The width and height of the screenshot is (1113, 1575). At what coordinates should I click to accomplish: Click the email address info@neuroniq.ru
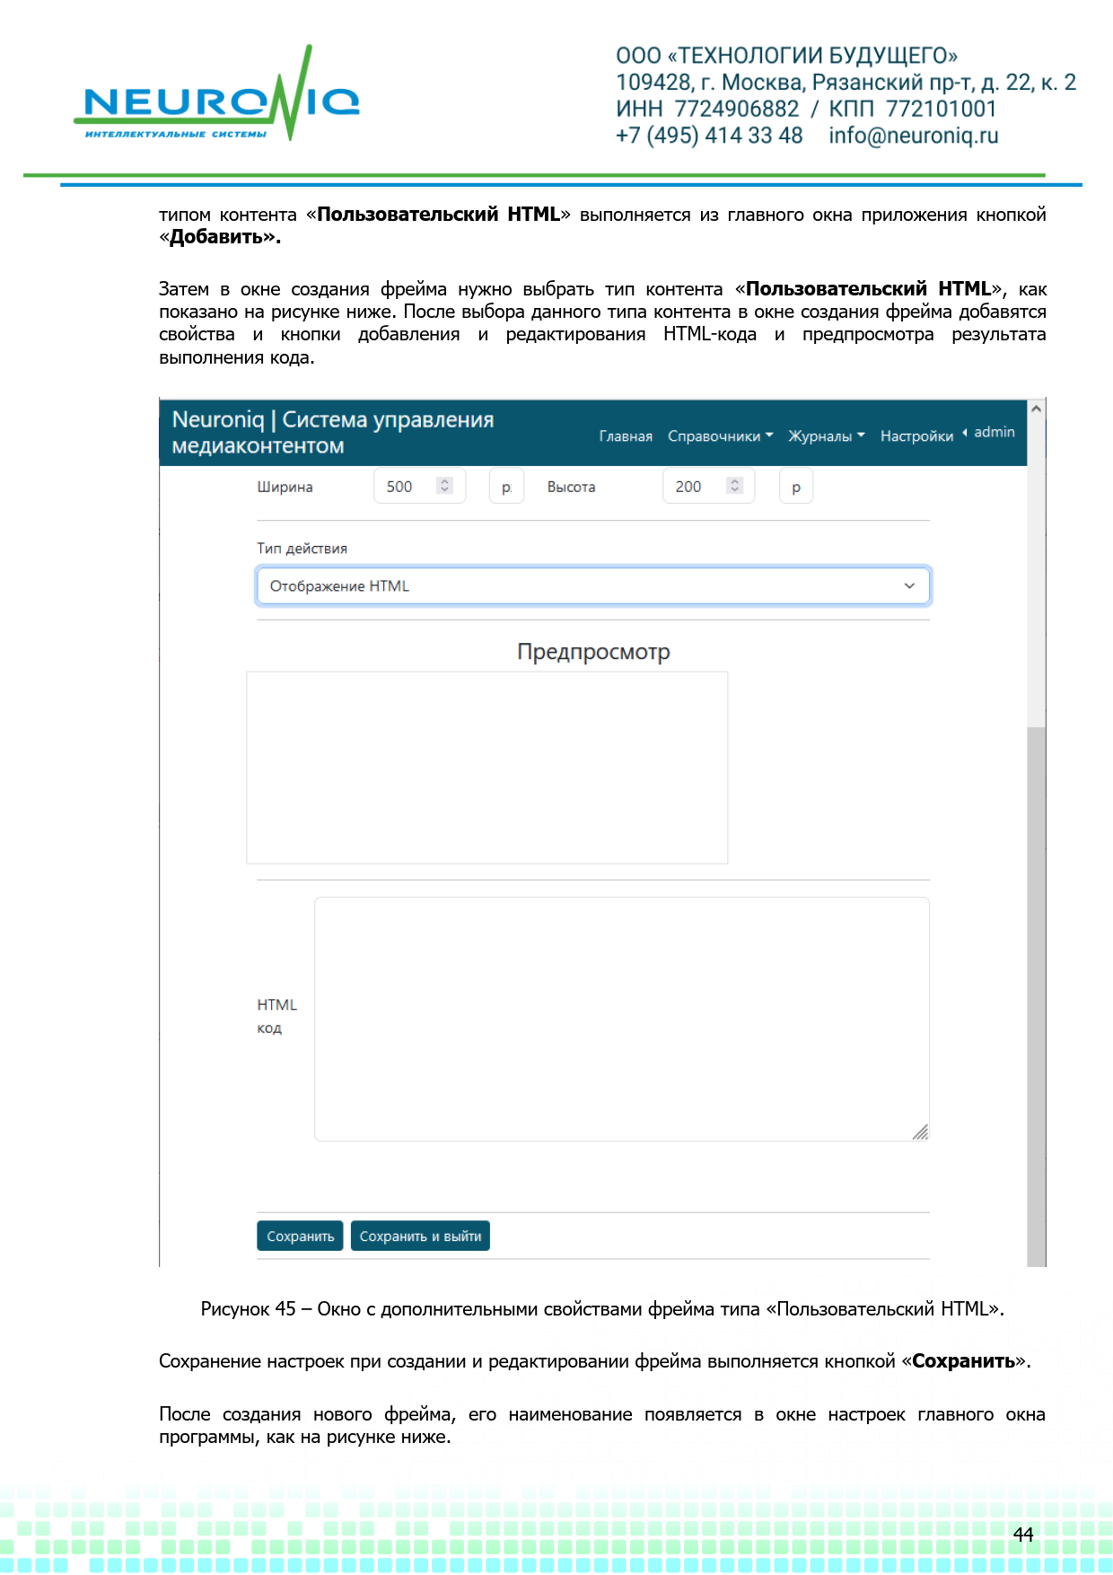coord(913,136)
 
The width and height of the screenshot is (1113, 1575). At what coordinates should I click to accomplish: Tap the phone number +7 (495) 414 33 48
coord(709,136)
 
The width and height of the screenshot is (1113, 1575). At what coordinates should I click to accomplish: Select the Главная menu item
coord(626,436)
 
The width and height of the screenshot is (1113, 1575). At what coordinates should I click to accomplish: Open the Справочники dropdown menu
coord(720,436)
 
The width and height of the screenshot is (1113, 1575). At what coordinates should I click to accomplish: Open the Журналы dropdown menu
coord(826,436)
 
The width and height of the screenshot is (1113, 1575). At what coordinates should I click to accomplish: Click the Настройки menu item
coord(916,436)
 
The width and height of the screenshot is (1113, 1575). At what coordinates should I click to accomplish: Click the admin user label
coord(994,432)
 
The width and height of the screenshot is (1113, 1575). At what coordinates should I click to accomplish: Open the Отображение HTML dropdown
coord(592,586)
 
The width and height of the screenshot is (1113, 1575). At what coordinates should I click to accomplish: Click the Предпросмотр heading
coord(593,652)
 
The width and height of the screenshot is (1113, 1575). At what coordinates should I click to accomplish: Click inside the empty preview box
coord(486,768)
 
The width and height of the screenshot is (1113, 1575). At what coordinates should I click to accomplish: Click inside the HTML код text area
coord(621,1019)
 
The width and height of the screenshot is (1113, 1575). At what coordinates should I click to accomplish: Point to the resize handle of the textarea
coord(920,1132)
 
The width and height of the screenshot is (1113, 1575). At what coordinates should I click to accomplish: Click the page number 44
coord(1023,1535)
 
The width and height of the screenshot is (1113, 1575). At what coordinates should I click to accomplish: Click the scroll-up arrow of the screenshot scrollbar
coord(1036,409)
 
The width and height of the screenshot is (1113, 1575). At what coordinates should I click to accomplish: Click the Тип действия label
coord(302,549)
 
